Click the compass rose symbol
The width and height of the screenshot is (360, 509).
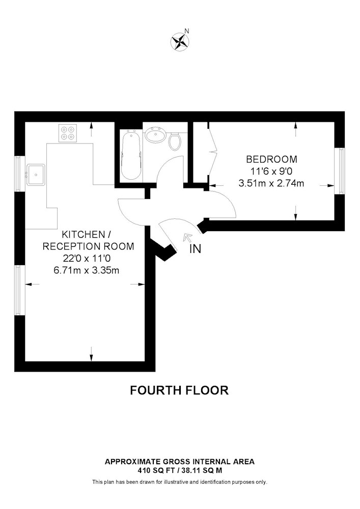pos(180,42)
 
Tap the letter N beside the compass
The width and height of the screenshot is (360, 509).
pos(187,31)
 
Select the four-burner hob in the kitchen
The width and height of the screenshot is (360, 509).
pos(68,133)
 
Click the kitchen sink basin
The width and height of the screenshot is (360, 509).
pos(36,174)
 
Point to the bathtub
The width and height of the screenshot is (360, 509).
pos(131,155)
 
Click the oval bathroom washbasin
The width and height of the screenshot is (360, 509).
pos(155,134)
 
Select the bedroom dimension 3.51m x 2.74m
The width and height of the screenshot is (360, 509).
pos(271,183)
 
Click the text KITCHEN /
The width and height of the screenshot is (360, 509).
pos(84,234)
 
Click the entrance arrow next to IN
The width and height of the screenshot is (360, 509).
pos(187,238)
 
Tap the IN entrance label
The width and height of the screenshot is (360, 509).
pos(196,249)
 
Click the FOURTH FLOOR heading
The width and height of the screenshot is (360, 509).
pos(180,390)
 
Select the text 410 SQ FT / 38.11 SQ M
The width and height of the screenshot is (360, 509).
pos(180,470)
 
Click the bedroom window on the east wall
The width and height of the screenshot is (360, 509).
pos(340,171)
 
